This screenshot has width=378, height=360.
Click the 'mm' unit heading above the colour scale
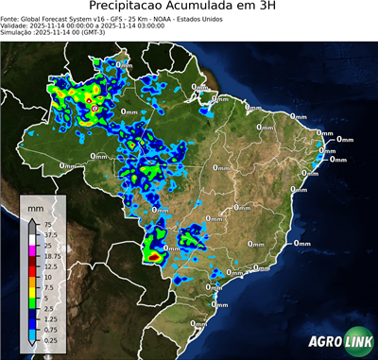(x=36, y=207)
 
